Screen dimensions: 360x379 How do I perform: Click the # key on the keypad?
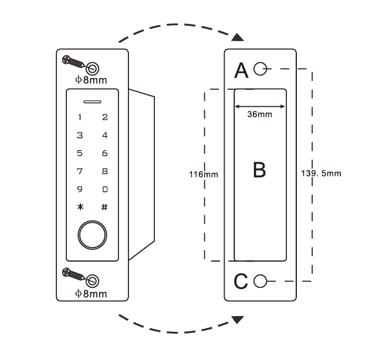click(104, 207)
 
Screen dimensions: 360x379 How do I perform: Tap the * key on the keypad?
click(80, 207)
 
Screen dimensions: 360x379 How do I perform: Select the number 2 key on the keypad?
click(104, 117)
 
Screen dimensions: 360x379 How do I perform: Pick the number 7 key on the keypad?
click(80, 171)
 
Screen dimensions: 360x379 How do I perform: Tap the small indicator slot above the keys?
click(92, 101)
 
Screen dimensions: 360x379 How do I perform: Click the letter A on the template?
click(241, 70)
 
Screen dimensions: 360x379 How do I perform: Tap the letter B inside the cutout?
click(259, 170)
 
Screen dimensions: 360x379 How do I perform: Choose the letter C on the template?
click(241, 281)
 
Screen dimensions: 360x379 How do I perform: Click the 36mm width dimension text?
click(259, 116)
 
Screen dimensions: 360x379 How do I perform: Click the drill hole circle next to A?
click(260, 70)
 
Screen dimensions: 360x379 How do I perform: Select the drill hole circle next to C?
click(261, 280)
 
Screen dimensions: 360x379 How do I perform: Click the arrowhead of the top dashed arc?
click(236, 38)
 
